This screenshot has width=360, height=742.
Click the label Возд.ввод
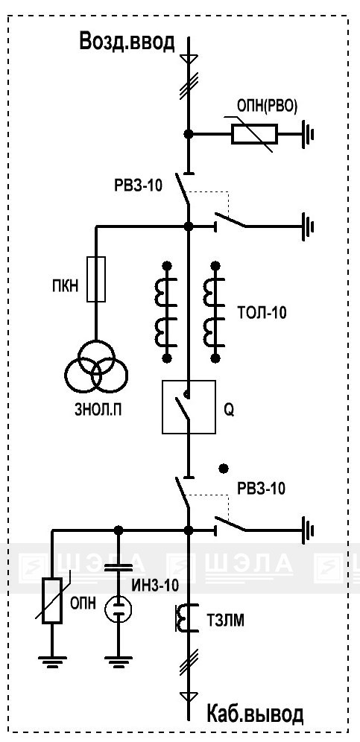tap(127, 42)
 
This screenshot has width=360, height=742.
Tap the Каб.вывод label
tap(255, 714)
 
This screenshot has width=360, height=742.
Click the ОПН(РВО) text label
tap(266, 107)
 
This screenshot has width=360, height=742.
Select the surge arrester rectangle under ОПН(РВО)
tap(254, 134)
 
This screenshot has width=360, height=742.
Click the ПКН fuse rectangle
tap(96, 279)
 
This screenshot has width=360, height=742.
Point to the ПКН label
tap(65, 286)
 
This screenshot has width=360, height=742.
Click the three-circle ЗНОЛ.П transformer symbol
tap(96, 367)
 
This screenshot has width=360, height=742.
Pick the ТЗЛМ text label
tap(226, 621)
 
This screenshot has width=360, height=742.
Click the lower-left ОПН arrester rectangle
tap(52, 600)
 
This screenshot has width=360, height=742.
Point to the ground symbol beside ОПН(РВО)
tap(307, 134)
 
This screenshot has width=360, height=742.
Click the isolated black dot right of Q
tap(223, 469)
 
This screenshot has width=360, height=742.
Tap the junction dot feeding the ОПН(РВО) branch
tap(189, 134)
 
